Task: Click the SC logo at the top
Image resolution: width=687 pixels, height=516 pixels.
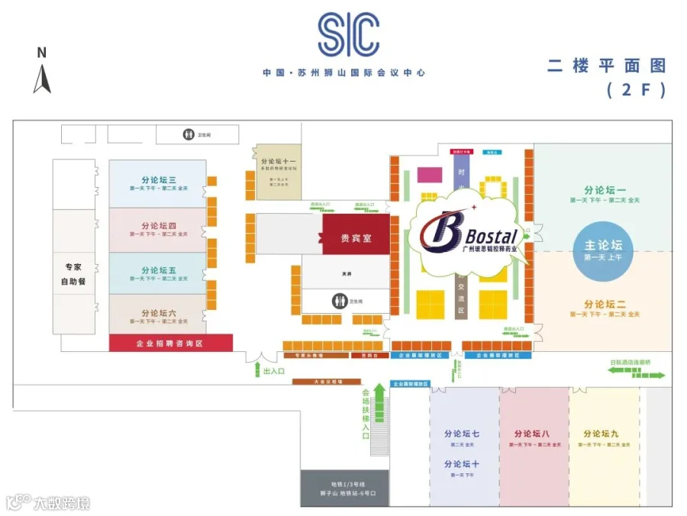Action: [348, 35]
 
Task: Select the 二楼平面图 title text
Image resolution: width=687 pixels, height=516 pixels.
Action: [606, 66]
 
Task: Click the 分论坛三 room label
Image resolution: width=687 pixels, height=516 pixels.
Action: [158, 181]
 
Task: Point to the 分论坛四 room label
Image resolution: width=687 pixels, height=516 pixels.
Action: [158, 226]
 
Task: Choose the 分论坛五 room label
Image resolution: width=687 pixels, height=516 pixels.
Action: [158, 271]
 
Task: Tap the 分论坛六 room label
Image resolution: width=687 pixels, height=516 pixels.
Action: [158, 314]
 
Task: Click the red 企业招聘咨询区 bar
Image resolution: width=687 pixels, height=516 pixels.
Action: [170, 343]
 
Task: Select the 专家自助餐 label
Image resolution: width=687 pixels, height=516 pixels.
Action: [73, 274]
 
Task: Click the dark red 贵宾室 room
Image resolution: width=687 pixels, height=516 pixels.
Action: [356, 238]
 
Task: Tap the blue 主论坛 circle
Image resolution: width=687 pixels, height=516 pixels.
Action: [604, 246]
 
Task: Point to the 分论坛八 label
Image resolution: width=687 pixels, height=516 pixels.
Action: [534, 434]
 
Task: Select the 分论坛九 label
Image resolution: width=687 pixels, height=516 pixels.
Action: [600, 434]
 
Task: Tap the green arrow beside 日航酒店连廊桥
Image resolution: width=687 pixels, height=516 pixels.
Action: [636, 373]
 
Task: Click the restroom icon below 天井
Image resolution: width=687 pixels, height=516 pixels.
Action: [339, 301]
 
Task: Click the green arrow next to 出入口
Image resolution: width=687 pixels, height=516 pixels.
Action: [256, 371]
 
